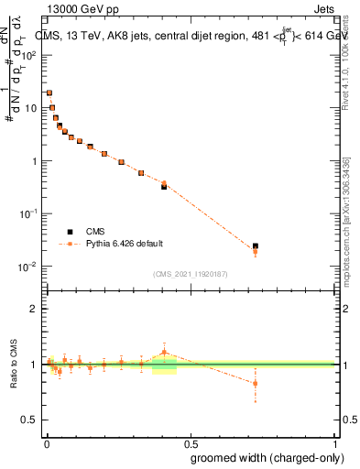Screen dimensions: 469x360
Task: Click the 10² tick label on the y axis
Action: (30, 55)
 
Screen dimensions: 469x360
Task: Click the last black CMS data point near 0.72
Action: (256, 246)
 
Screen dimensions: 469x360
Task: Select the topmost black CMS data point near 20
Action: (49, 93)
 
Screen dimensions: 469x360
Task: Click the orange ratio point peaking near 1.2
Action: (164, 352)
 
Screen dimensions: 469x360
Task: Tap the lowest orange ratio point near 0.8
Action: (256, 383)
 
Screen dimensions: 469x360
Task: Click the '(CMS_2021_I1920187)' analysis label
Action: (191, 273)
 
